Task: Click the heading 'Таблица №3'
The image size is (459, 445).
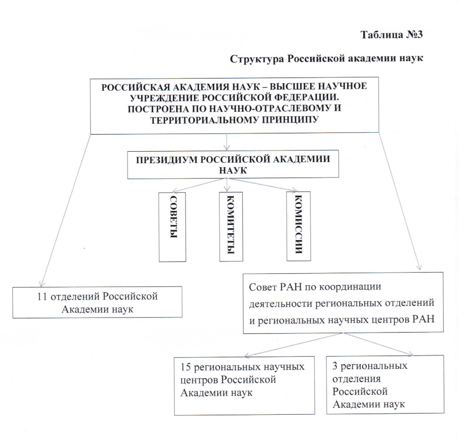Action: [x=391, y=35]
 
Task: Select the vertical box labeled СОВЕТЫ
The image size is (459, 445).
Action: [x=173, y=227]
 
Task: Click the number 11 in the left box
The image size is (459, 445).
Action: [x=42, y=296]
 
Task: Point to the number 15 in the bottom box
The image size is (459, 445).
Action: [x=186, y=367]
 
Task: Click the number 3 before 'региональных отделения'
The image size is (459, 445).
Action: [x=335, y=366]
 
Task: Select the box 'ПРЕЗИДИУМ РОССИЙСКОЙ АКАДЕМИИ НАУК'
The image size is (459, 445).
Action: [x=233, y=164]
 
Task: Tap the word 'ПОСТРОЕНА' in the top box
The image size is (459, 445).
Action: [x=155, y=109]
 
